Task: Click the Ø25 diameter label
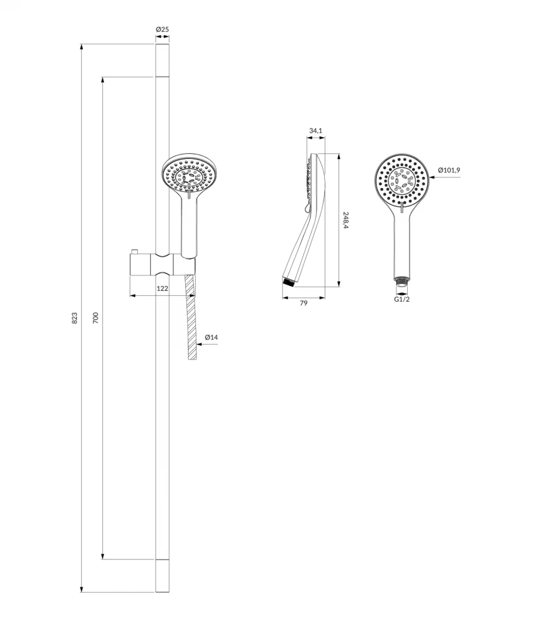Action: tap(162, 29)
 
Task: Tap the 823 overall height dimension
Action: tap(75, 318)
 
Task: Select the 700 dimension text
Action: tap(95, 317)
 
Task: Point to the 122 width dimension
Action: tap(163, 288)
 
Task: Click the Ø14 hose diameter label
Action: tap(211, 337)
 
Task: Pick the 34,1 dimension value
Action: tap(315, 131)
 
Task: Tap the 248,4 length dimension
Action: tap(346, 220)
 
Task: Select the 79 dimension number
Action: tap(304, 303)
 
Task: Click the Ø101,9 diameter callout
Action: tap(449, 170)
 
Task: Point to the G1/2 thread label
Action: tap(402, 299)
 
